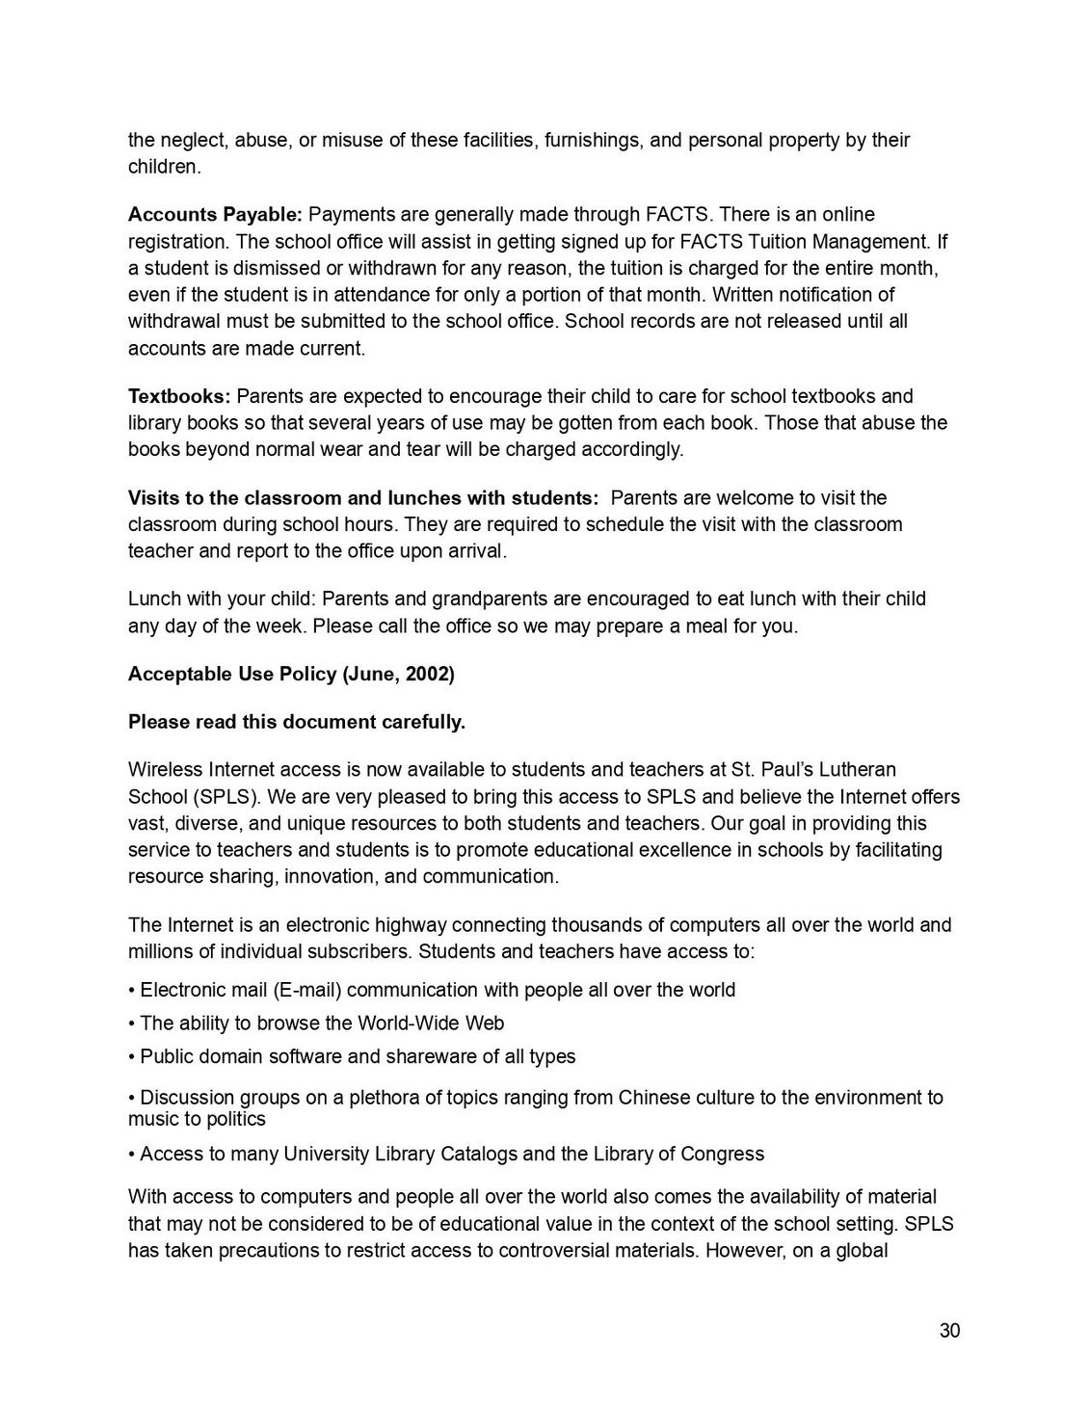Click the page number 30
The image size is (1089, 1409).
[949, 1331]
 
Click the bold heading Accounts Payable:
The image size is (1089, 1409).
[215, 214]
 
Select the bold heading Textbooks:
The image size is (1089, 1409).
[179, 396]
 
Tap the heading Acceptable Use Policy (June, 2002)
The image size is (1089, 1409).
[291, 674]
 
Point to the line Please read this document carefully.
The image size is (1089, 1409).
[297, 722]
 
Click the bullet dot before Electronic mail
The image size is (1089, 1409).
[132, 990]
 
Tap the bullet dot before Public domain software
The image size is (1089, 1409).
[132, 1056]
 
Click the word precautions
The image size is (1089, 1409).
[270, 1251]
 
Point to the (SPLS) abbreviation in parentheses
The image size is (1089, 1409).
[225, 797]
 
